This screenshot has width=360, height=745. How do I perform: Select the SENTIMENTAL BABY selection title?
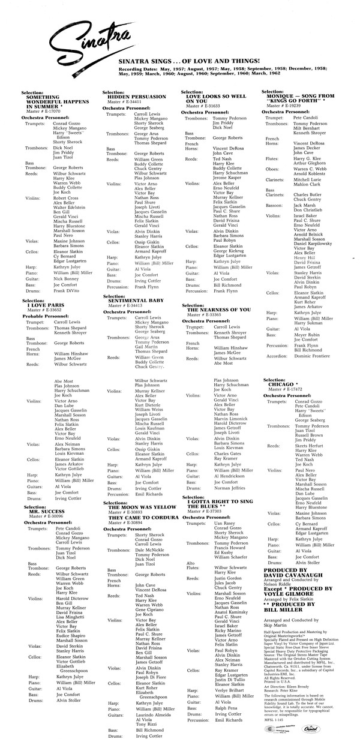(134, 299)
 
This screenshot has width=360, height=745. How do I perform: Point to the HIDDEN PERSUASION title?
(135, 96)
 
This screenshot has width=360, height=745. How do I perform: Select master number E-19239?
(291, 105)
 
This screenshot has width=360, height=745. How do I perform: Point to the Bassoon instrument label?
(274, 205)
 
